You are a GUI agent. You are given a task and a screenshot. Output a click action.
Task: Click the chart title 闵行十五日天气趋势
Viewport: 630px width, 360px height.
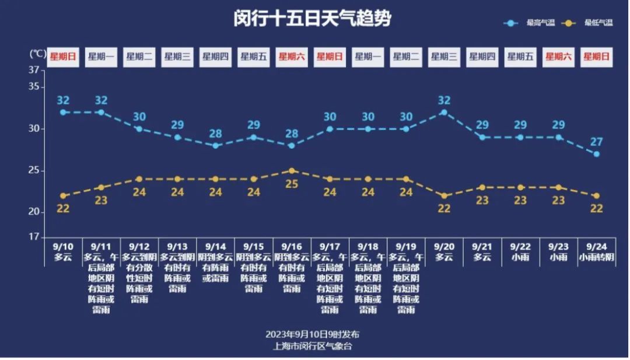click(x=312, y=19)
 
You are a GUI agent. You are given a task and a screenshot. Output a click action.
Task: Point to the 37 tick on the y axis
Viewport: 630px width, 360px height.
click(x=36, y=70)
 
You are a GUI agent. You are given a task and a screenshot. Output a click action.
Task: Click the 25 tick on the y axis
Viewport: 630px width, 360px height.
click(x=36, y=170)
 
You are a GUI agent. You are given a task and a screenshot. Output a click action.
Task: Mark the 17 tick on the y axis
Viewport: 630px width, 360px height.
click(x=36, y=237)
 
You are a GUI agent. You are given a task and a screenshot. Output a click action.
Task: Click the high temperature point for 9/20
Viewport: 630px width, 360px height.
click(x=444, y=112)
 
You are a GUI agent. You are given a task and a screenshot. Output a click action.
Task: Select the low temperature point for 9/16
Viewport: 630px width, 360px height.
click(x=292, y=170)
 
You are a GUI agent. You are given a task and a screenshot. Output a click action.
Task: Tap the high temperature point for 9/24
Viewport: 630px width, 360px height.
click(x=596, y=154)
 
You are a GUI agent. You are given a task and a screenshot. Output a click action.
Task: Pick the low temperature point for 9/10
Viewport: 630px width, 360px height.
click(x=63, y=196)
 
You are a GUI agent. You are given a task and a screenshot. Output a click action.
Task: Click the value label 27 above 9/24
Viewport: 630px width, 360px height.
click(x=596, y=142)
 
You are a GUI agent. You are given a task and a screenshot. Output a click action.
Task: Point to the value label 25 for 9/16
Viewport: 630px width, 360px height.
click(x=292, y=184)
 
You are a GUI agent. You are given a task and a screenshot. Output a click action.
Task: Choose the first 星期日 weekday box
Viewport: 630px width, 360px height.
click(x=63, y=57)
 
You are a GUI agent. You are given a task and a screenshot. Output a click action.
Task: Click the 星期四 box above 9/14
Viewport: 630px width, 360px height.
click(x=215, y=57)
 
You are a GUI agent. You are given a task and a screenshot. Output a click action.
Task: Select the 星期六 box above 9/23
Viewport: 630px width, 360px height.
click(x=558, y=57)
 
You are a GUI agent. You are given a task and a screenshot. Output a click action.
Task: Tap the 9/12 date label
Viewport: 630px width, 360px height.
click(x=139, y=247)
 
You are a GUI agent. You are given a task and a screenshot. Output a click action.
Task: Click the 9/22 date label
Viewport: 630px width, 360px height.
click(x=520, y=247)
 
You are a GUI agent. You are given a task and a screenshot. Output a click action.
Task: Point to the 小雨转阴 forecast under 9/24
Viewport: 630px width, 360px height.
click(x=596, y=257)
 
